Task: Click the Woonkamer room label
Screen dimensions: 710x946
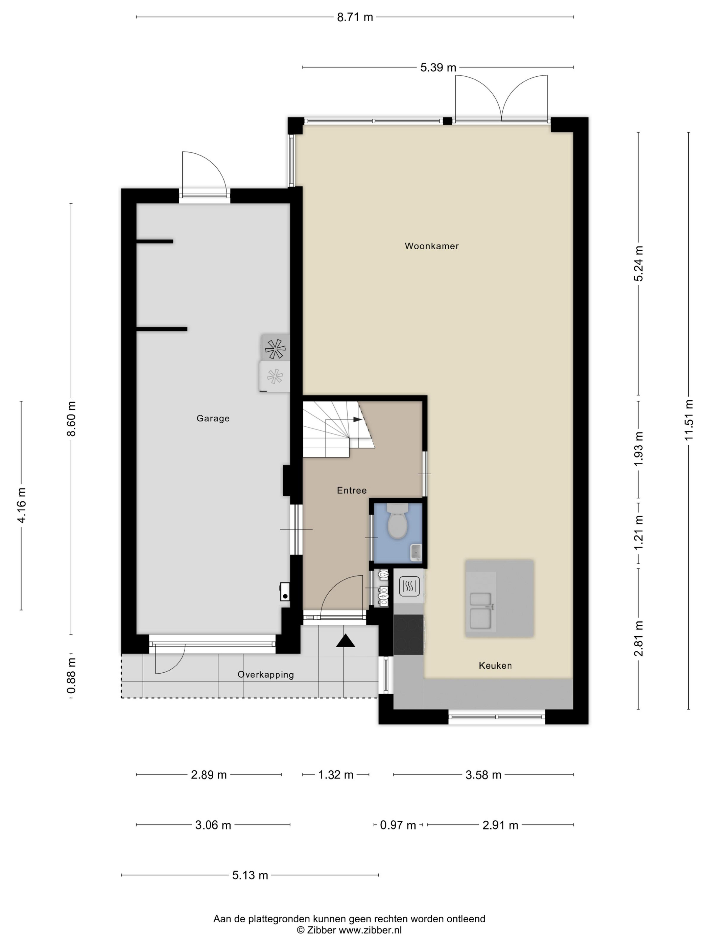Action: click(431, 246)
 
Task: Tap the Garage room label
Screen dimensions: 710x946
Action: click(213, 418)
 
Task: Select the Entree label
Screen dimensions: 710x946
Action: click(352, 491)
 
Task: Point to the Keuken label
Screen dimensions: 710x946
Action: click(495, 666)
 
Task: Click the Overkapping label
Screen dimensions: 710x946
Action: click(266, 675)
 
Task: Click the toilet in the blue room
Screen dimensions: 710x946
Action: click(398, 521)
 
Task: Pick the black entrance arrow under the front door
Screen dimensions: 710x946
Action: click(346, 641)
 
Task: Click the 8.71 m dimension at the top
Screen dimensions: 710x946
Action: click(355, 17)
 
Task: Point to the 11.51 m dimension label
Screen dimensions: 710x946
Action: click(689, 420)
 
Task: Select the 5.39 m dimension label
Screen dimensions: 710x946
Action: click(438, 67)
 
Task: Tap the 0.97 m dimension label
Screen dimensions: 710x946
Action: click(398, 825)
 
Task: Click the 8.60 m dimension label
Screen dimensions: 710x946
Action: click(71, 419)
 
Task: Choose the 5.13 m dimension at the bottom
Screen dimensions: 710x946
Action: click(250, 875)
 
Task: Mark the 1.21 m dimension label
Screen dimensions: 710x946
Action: click(639, 533)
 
